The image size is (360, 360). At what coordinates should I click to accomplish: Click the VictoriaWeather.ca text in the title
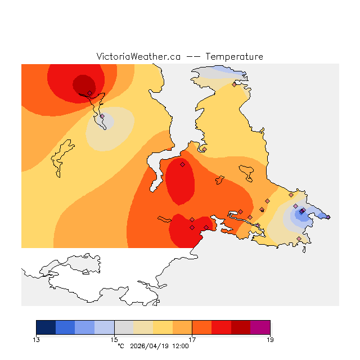(x=138, y=57)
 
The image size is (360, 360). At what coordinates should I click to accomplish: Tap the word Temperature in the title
(x=234, y=57)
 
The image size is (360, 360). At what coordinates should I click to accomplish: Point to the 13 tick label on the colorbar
(x=37, y=339)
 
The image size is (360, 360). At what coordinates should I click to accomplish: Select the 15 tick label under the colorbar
(x=114, y=339)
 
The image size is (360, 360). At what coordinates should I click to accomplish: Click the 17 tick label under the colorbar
(x=192, y=339)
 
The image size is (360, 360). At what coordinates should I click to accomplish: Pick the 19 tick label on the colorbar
(x=270, y=339)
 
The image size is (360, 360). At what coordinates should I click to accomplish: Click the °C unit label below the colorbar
(x=120, y=346)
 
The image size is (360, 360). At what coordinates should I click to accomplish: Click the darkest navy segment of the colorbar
(x=46, y=327)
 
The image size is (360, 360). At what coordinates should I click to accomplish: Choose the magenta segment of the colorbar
(x=260, y=327)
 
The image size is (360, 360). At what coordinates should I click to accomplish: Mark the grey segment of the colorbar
(x=124, y=327)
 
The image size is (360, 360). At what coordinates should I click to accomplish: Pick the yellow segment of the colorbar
(x=163, y=327)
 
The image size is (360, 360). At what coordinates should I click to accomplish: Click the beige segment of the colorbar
(x=143, y=327)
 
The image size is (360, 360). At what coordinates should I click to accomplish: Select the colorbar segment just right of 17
(x=202, y=327)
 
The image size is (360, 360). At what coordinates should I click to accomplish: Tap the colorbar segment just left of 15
(x=105, y=327)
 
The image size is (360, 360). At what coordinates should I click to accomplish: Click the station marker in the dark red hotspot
(x=89, y=93)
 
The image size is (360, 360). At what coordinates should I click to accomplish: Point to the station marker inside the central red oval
(x=182, y=164)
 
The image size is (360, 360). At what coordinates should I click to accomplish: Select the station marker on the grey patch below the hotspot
(x=102, y=116)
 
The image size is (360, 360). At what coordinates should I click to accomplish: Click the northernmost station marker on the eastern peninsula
(x=234, y=85)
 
